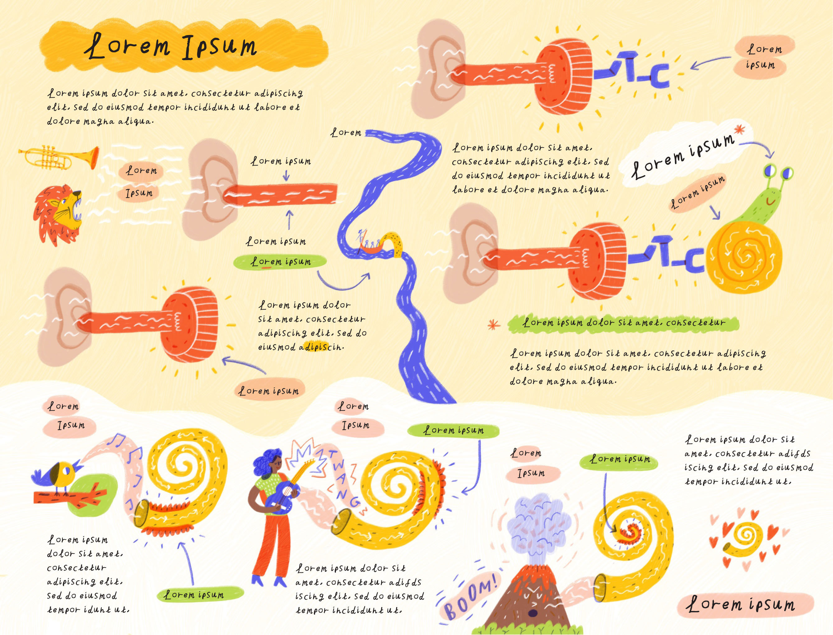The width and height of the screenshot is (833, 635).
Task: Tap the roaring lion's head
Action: [x=60, y=213]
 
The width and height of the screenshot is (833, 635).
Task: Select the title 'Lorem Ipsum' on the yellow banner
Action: [x=172, y=47]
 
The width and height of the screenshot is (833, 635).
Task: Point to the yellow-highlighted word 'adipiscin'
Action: [x=321, y=347]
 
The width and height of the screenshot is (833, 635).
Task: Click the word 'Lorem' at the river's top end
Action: [x=346, y=133]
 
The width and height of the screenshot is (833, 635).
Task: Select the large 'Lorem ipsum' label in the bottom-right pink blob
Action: [x=743, y=605]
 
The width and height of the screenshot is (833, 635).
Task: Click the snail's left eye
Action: [x=770, y=171]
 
